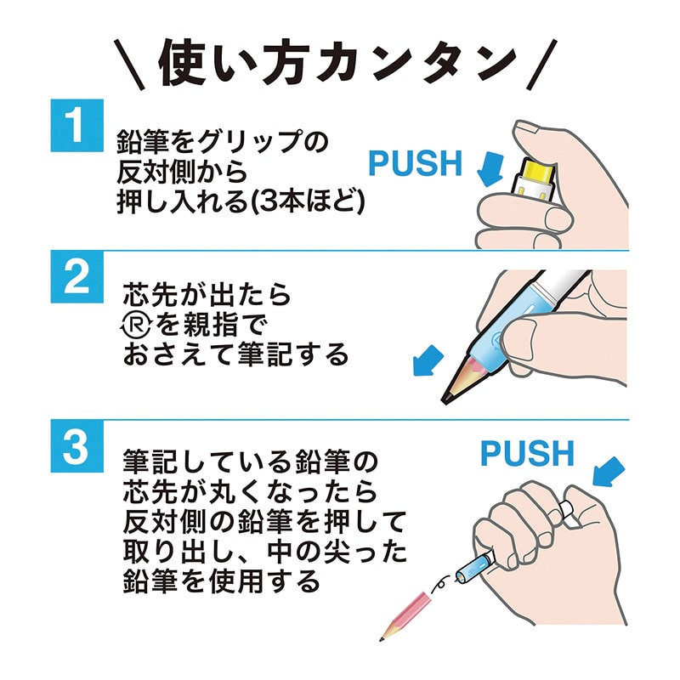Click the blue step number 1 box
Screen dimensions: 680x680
click(77, 125)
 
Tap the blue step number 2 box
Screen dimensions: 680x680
click(77, 276)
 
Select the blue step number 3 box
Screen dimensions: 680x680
click(77, 445)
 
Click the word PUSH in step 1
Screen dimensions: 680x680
click(415, 163)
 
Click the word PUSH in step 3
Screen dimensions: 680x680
click(527, 453)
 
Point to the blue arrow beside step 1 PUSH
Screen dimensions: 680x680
click(490, 168)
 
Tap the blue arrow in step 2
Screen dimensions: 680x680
click(428, 360)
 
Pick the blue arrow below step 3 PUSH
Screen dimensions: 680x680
click(609, 473)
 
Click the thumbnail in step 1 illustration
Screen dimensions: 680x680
click(526, 127)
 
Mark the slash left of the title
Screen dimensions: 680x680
click(130, 65)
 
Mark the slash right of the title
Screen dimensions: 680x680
click(541, 65)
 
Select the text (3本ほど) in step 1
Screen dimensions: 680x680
click(309, 201)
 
